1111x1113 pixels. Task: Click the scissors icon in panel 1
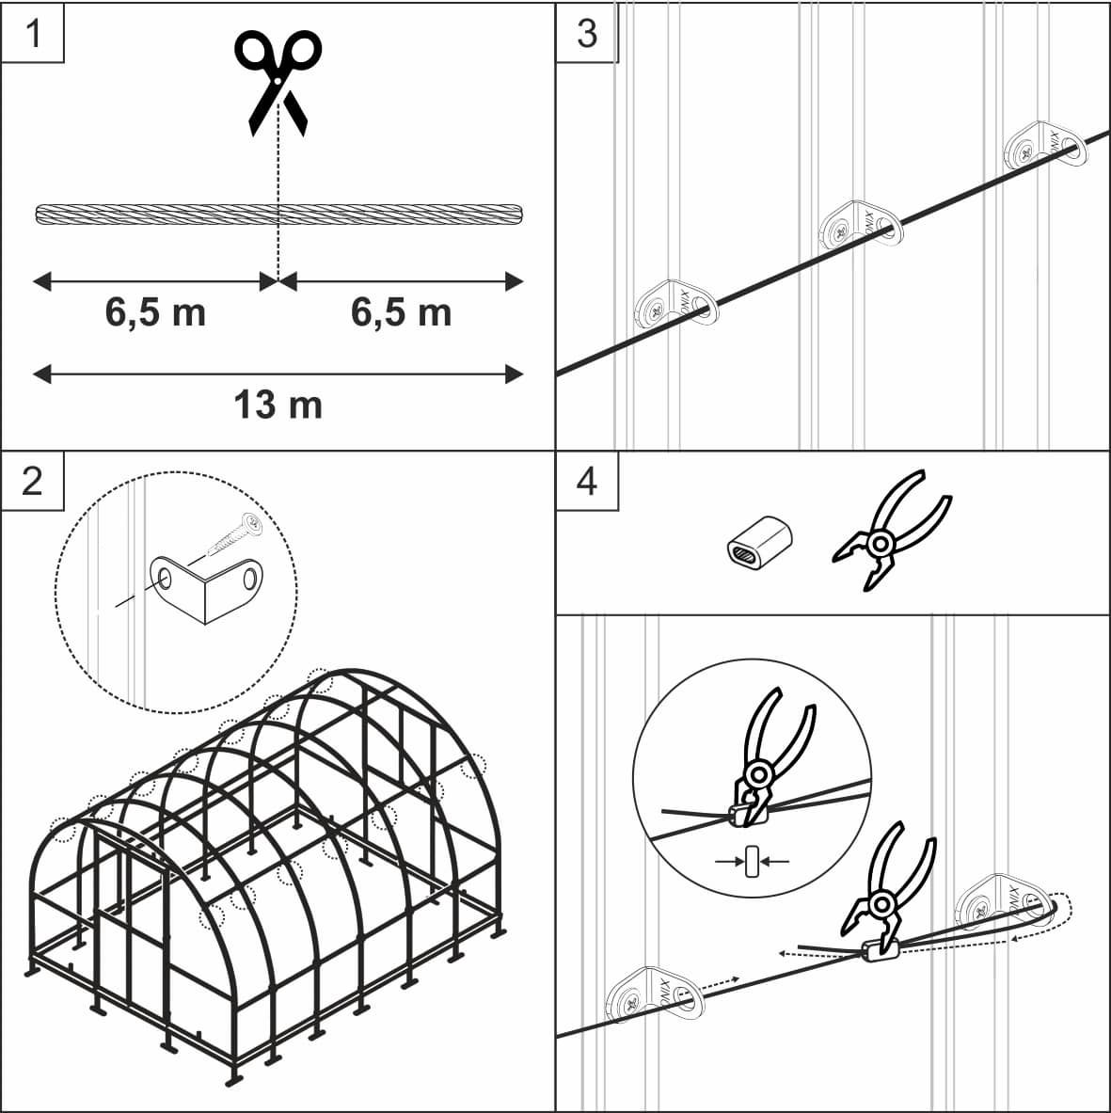pos(278,82)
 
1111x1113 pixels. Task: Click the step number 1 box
pos(33,33)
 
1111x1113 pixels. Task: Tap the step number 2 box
pos(33,481)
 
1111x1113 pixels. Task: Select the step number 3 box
pos(587,33)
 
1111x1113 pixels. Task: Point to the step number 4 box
pos(587,481)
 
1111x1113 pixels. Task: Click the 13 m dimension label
pos(278,405)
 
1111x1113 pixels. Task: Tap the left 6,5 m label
pos(155,312)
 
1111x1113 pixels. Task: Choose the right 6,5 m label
pos(401,312)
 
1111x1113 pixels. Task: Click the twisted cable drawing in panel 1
pos(279,214)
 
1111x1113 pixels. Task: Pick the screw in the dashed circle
pos(235,535)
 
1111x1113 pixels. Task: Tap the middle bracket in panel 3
pos(861,227)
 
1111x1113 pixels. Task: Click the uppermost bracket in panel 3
pos(1045,147)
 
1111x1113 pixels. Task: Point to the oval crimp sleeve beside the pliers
pos(759,542)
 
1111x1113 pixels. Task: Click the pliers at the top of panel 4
pos(892,529)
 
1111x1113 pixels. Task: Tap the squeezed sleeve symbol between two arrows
pos(753,862)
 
